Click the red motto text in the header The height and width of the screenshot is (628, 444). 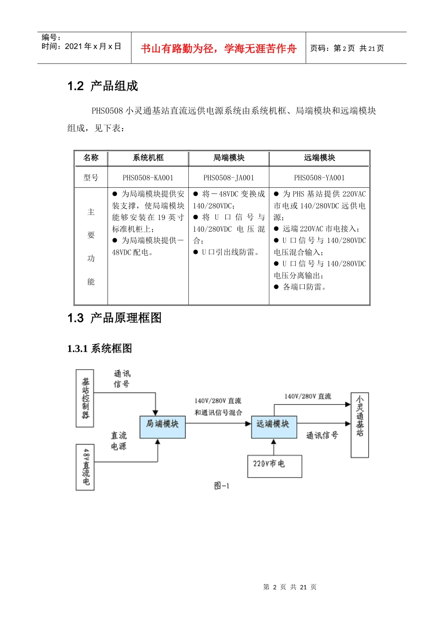tap(218, 49)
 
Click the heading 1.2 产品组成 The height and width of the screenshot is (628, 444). tap(103, 86)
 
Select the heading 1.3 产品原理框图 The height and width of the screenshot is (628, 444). tap(115, 318)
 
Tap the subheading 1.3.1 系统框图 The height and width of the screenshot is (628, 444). tap(100, 349)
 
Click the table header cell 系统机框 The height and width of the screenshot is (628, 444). tap(148, 158)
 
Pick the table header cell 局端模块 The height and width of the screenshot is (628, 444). tap(229, 158)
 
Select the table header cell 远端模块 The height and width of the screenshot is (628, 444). tap(320, 158)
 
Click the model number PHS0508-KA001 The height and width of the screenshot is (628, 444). tap(148, 178)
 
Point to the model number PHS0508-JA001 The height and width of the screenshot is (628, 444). tap(229, 178)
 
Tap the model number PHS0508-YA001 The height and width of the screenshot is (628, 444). tap(320, 178)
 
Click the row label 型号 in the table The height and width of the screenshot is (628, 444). tap(91, 178)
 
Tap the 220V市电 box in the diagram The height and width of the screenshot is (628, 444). tap(274, 466)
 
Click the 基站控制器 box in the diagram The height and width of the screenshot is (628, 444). tap(85, 398)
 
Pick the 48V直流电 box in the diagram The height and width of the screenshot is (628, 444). tap(85, 467)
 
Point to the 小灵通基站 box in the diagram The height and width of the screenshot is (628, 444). tap(359, 425)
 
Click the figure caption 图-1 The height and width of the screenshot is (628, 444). tap(222, 486)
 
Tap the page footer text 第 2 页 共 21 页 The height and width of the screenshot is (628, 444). tap(290, 587)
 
